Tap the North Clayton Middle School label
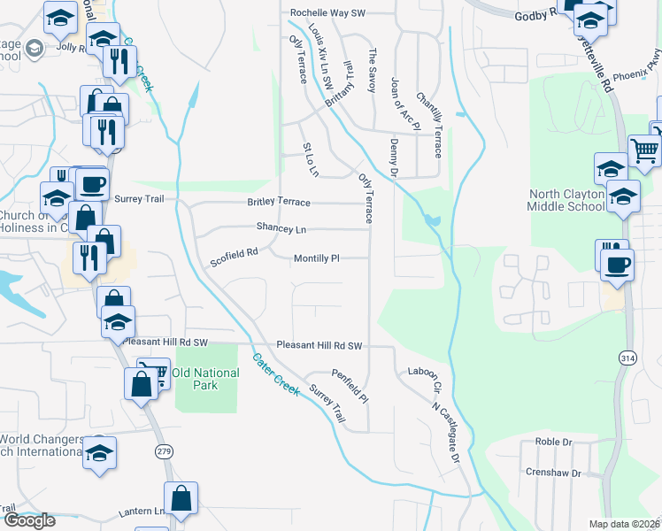[x=567, y=200]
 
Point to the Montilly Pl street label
[x=316, y=258]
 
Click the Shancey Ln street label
[x=281, y=227]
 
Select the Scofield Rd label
[x=234, y=258]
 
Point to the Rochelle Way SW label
[x=328, y=13]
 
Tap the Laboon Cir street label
[x=424, y=376]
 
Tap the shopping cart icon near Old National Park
[x=154, y=373]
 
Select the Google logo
[x=29, y=520]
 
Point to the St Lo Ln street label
[x=310, y=158]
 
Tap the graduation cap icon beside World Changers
[x=100, y=452]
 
